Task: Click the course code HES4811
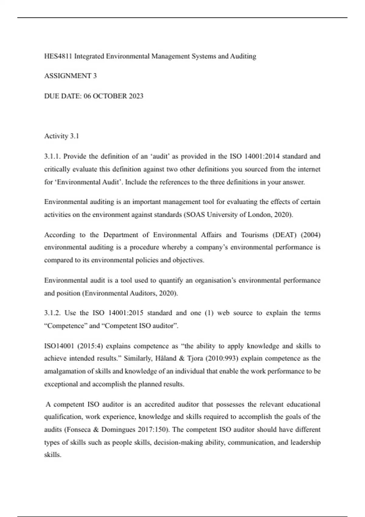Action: tap(58, 56)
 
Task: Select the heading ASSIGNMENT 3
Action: tap(70, 76)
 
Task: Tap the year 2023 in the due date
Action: tap(136, 96)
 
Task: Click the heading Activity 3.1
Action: tap(61, 136)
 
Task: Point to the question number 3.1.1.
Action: tap(52, 156)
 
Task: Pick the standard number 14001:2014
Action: tap(262, 156)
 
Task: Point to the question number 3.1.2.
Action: tap(53, 313)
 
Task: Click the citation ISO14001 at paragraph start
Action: tap(59, 346)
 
